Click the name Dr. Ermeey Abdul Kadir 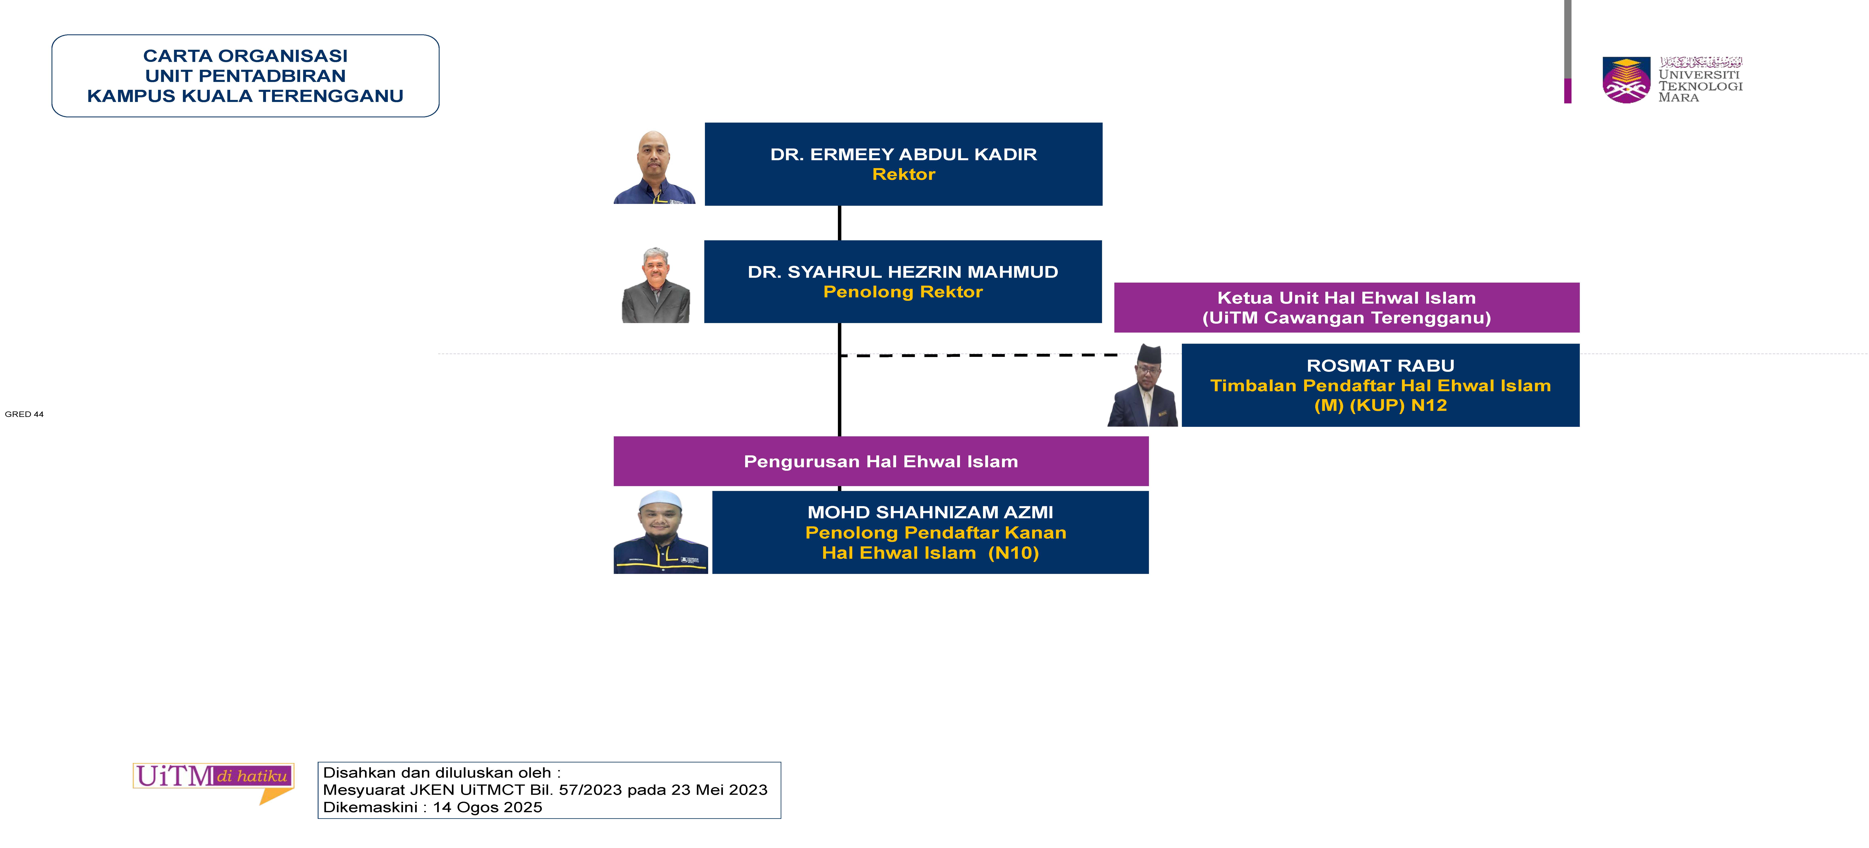(x=903, y=154)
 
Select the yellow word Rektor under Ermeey (x=903, y=174)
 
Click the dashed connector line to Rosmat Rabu (x=980, y=355)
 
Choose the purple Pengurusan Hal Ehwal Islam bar (x=881, y=461)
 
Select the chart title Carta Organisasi (x=245, y=56)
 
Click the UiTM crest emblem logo (x=1626, y=80)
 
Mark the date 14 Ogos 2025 (x=488, y=807)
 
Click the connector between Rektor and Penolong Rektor (x=840, y=223)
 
